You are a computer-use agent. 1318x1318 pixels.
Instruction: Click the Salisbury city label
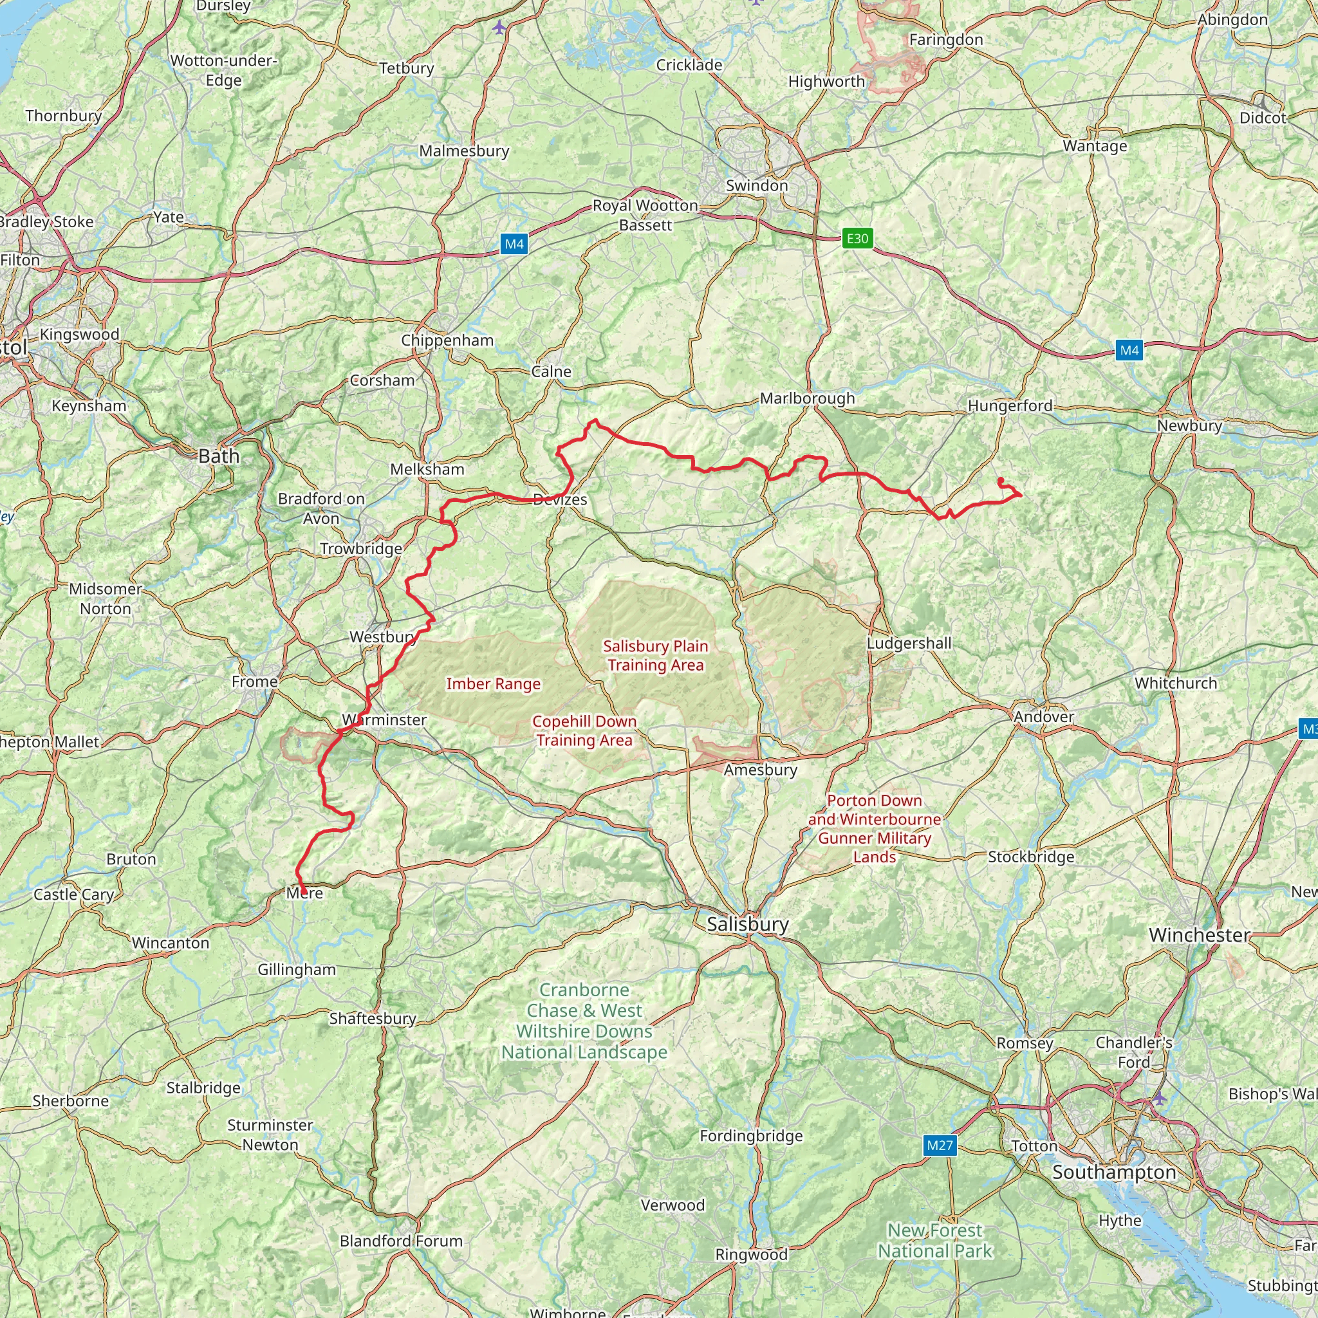(x=748, y=924)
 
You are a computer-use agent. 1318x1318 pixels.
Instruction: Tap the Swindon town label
(x=757, y=185)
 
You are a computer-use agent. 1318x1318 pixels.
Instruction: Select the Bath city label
(x=219, y=456)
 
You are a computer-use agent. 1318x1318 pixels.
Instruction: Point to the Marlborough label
(x=807, y=398)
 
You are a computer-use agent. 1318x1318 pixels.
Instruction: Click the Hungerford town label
(x=1010, y=406)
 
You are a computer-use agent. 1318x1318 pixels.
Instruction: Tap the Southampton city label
(x=1114, y=1172)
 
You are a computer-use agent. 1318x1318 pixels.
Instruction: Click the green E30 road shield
(x=857, y=238)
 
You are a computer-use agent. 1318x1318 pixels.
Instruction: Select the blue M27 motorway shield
(x=940, y=1146)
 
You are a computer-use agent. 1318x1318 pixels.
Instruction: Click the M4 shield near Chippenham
(x=514, y=244)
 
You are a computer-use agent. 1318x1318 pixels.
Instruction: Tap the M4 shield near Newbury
(x=1129, y=351)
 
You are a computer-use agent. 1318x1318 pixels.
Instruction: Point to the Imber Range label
(x=493, y=684)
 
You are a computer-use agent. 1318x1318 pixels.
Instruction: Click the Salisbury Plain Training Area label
(x=656, y=656)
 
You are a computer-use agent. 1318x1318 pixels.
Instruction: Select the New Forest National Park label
(x=934, y=1240)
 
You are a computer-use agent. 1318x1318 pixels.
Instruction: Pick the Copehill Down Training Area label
(x=584, y=730)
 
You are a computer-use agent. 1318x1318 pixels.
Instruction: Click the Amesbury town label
(x=761, y=770)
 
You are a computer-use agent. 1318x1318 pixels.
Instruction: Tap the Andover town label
(x=1043, y=717)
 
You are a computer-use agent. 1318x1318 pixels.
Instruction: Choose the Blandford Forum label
(x=401, y=1241)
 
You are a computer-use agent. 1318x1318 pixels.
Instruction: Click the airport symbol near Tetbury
(x=500, y=27)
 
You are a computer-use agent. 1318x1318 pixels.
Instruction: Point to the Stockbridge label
(x=1031, y=857)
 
